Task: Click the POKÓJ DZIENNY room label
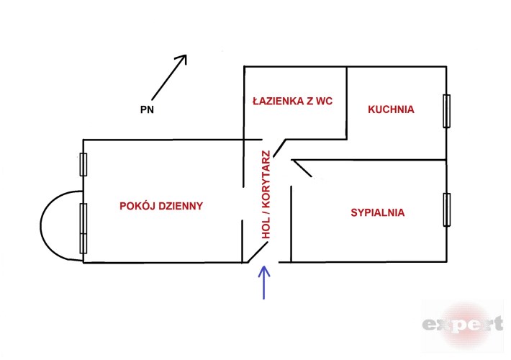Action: [161, 206]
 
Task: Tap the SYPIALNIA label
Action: [377, 213]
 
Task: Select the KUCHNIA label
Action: [391, 110]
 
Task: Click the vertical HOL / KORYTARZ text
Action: [266, 194]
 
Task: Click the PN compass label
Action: [148, 111]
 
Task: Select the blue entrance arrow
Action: [264, 282]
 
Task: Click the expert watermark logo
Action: [462, 324]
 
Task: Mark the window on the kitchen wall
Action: [447, 112]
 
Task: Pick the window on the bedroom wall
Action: [447, 210]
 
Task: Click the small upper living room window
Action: [83, 165]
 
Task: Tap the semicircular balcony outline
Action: [54, 225]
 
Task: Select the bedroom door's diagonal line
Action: [302, 168]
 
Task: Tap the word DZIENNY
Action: [180, 206]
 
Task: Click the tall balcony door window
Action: [83, 227]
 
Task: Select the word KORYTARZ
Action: [266, 177]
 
